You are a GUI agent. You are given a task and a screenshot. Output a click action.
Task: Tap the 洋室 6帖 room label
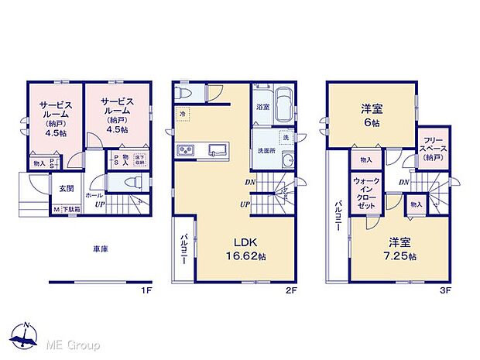click(371, 117)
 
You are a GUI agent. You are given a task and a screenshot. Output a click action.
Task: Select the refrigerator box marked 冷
click(180, 113)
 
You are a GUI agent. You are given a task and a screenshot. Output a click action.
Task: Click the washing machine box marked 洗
click(285, 137)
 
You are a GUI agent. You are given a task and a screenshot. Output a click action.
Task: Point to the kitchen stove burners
click(187, 149)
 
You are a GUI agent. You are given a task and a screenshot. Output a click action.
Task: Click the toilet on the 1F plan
click(132, 182)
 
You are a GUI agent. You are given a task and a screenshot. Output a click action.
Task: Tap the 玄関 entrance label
click(66, 188)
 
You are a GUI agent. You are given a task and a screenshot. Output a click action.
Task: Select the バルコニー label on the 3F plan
click(338, 216)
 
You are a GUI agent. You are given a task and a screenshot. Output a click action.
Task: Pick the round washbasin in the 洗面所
click(287, 162)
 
